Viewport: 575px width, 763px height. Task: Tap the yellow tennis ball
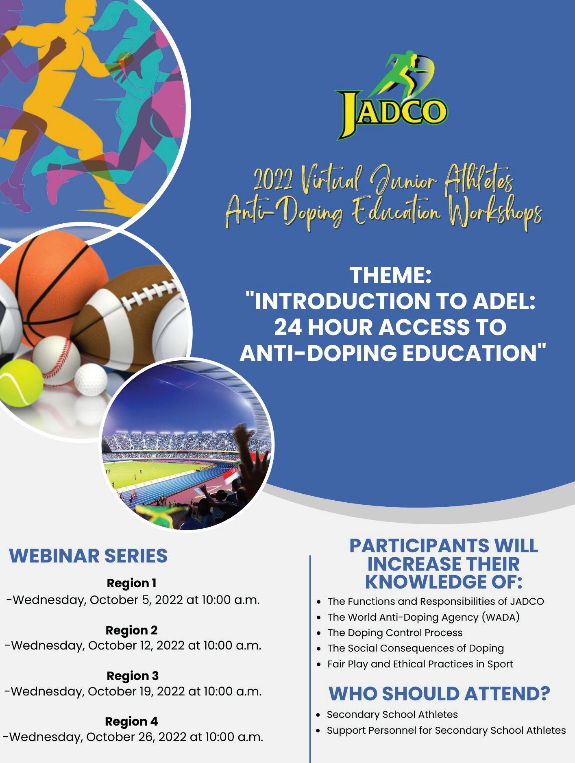[20, 382]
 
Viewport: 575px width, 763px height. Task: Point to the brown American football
[130, 317]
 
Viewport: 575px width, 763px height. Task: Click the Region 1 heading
[132, 583]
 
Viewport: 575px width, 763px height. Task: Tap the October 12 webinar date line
[133, 645]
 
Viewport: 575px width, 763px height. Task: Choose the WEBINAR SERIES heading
[88, 555]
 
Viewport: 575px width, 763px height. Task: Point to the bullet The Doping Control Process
[395, 632]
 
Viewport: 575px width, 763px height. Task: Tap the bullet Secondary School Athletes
[392, 714]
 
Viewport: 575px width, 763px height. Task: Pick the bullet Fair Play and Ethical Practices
[420, 664]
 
